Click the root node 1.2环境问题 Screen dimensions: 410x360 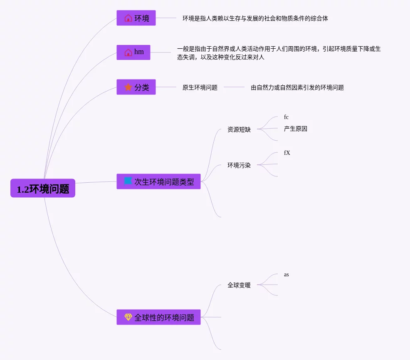click(43, 189)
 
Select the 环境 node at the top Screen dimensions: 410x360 click(136, 18)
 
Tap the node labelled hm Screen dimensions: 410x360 click(133, 52)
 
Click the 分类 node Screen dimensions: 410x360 click(136, 87)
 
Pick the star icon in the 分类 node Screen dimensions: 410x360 click(128, 87)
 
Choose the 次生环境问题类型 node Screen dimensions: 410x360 click(158, 182)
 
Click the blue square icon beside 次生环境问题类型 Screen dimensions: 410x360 click(128, 181)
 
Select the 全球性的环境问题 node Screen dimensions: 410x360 click(158, 318)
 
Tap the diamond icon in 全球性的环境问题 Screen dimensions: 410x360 click(128, 317)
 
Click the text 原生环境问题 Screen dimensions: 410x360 click(200, 88)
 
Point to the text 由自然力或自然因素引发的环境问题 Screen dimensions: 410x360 click(297, 88)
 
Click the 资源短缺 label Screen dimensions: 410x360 click(239, 130)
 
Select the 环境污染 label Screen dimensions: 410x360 click(239, 166)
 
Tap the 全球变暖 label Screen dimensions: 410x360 click(239, 286)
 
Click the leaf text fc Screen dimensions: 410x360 click(286, 117)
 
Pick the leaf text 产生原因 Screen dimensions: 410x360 click(296, 129)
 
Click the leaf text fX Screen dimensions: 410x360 click(287, 153)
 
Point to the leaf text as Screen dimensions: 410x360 click(287, 275)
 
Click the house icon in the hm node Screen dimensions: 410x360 click(128, 52)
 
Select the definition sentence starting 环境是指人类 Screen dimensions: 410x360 click(255, 19)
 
